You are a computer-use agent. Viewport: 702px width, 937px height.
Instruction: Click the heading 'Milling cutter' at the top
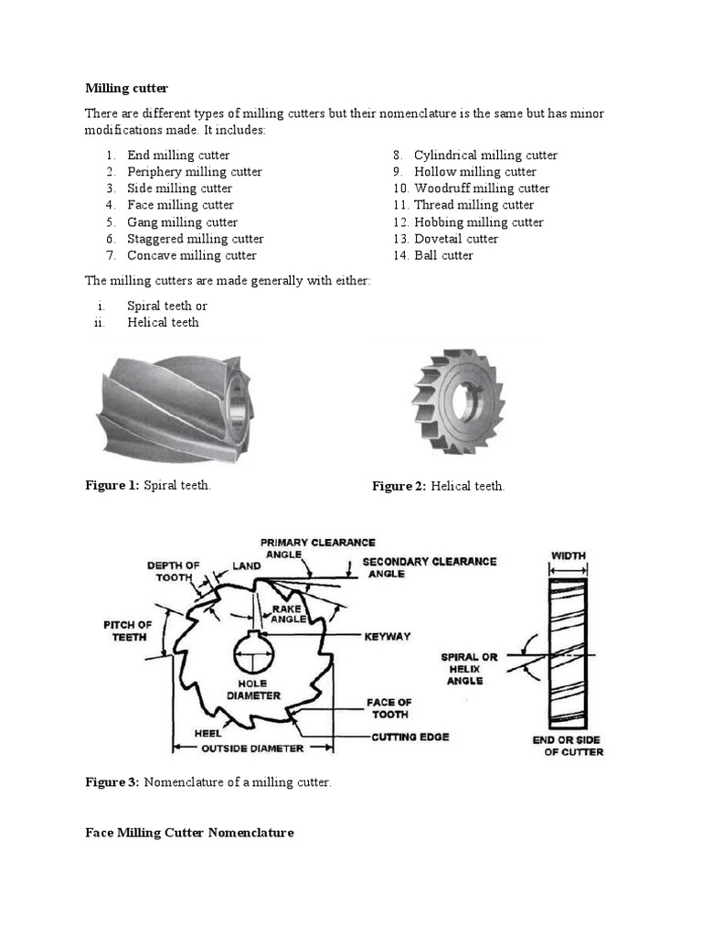tap(126, 88)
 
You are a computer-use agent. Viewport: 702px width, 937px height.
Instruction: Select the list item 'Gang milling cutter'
tap(182, 222)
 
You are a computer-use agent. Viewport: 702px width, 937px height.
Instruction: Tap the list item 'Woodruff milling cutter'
tap(481, 188)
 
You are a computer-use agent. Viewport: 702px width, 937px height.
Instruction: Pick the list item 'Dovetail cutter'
tap(455, 239)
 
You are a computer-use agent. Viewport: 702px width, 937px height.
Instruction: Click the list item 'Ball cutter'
tap(443, 255)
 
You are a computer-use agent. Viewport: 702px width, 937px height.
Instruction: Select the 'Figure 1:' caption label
tap(112, 485)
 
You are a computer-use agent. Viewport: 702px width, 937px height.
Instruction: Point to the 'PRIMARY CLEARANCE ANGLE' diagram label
tap(317, 548)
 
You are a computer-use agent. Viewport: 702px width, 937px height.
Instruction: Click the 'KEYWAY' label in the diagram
tap(388, 636)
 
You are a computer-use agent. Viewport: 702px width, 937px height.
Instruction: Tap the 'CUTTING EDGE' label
tap(409, 737)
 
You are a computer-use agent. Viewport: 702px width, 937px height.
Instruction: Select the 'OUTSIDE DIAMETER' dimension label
tap(252, 749)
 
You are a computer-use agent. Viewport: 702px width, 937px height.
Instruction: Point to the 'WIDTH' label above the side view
tap(568, 555)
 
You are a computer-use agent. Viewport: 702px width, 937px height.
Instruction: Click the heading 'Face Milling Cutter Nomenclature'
tap(189, 833)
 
